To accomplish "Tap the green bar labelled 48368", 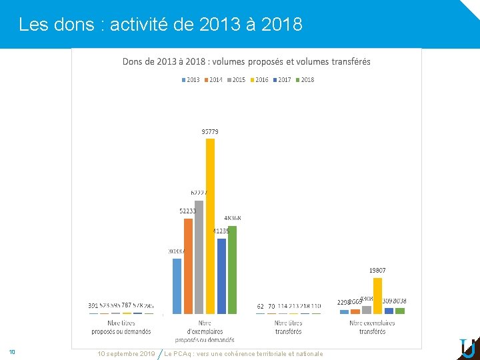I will tap(232, 269).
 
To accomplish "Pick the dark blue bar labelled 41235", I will tap(221, 275).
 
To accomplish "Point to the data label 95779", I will tap(210, 132).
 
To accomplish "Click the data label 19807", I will tap(377, 271).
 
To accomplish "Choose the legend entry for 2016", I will tap(259, 80).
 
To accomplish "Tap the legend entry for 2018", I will tap(304, 80).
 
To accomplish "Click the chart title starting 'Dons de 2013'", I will tap(247, 62).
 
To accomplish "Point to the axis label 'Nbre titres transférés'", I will tap(288, 327).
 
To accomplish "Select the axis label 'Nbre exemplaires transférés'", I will tap(372, 327).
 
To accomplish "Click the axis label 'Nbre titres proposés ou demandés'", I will tap(121, 327).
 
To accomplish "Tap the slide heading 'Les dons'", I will tap(160, 25).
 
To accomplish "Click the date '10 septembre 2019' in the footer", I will tap(126, 353).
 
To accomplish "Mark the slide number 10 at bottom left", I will tap(12, 351).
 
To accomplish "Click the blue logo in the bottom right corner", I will tap(467, 347).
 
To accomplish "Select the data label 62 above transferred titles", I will tap(260, 306).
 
